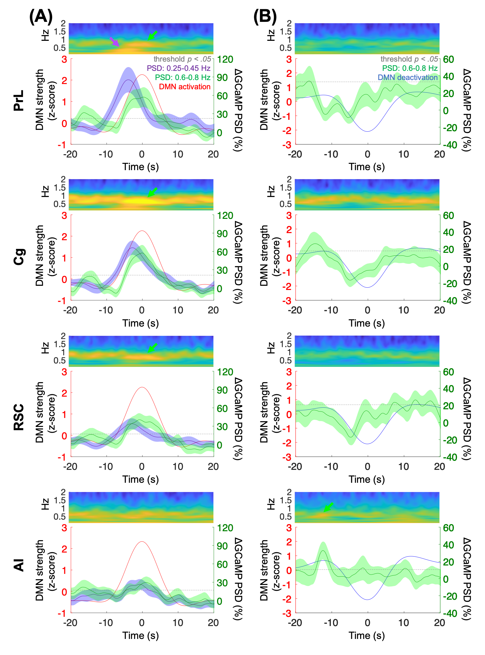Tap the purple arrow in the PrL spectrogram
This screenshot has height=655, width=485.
tap(115, 42)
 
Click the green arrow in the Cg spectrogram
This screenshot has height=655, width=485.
tap(152, 192)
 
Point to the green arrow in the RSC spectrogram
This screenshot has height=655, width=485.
tap(152, 348)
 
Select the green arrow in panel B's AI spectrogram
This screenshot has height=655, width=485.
tap(329, 507)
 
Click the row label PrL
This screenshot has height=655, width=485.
tap(19, 101)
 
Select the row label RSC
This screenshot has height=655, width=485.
tap(19, 417)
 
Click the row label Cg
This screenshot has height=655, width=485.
tap(19, 257)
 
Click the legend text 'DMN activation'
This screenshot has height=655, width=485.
tap(185, 87)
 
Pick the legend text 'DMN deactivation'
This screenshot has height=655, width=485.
tap(408, 77)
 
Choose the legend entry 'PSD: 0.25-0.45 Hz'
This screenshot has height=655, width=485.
tap(179, 68)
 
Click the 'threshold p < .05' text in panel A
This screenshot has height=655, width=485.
tap(182, 59)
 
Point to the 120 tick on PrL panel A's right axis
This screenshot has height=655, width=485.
tap(225, 60)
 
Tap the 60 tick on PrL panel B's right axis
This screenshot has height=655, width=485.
tap(448, 60)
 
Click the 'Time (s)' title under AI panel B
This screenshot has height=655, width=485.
tap(367, 635)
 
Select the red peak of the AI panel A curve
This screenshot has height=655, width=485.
tap(142, 542)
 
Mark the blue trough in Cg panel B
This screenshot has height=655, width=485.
tap(367, 287)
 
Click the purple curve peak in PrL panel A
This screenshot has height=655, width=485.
tap(128, 80)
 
